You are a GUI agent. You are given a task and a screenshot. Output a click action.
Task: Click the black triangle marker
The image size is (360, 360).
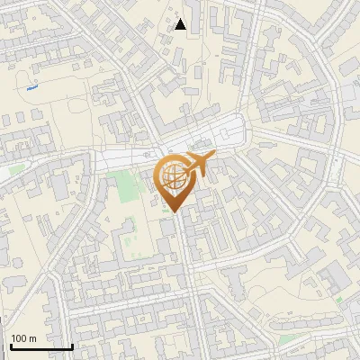[x=180, y=24]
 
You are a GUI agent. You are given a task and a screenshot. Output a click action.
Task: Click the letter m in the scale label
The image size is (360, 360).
[x=32, y=338]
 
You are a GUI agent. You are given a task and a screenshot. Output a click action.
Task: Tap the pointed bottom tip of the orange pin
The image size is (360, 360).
[x=174, y=212]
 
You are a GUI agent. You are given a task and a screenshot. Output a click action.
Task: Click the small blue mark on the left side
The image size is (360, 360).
[x=32, y=88]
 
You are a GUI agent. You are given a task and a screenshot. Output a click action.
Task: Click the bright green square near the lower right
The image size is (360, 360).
[x=340, y=299]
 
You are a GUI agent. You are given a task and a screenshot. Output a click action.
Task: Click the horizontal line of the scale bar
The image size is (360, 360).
[x=41, y=346]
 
